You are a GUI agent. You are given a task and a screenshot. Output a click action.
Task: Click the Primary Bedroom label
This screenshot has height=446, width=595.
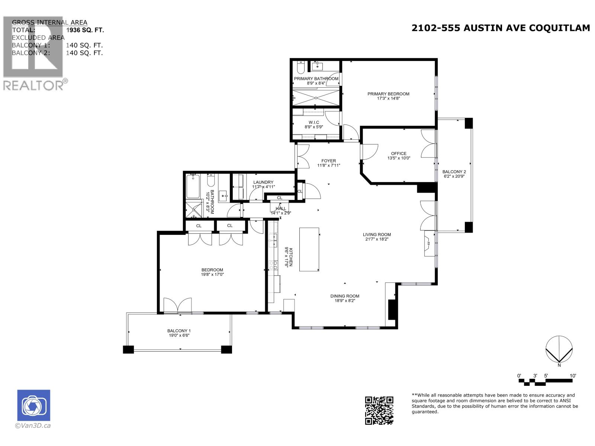coord(388,94)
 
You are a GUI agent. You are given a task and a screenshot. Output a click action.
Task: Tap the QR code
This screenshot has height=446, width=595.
coord(379,410)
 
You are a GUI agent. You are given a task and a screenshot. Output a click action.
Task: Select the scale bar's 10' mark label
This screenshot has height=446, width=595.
coord(573,376)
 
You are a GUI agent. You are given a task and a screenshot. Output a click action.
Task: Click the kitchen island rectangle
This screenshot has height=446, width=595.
coord(309,249)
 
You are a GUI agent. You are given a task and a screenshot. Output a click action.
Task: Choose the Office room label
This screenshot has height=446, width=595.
coord(399,153)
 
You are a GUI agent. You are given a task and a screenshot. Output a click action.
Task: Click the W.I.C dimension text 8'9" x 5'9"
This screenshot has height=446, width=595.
coord(314,127)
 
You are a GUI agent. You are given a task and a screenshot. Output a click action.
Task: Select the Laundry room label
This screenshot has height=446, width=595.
coord(263,182)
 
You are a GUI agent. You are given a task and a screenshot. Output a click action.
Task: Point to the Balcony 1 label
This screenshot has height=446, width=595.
coord(179,330)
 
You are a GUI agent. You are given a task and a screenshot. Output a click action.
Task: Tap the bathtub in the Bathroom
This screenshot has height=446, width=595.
coord(193,187)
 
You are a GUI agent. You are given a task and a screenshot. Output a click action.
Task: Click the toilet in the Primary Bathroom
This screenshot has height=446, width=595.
coord(301,68)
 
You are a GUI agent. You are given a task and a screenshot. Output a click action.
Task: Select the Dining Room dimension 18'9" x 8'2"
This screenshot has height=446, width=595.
coord(345,301)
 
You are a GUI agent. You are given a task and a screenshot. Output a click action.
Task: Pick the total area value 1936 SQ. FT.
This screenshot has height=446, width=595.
coord(85,30)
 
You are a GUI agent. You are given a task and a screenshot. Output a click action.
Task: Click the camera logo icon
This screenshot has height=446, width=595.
coord(33,405)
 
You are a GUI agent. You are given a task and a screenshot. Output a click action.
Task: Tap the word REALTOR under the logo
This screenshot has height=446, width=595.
coord(33,85)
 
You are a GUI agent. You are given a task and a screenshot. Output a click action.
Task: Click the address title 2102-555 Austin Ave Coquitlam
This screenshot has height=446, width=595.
coord(501,28)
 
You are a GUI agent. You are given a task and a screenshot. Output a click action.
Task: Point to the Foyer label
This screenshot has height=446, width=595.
coord(329,161)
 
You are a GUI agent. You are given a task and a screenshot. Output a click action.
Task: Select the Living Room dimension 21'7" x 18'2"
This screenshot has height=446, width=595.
coord(377,239)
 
